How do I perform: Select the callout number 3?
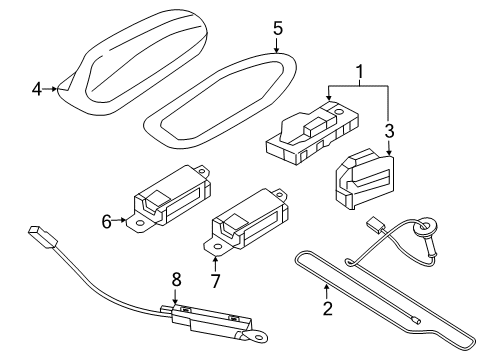click(389, 129)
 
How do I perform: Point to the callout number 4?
click(36, 89)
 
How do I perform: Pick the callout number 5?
click(277, 30)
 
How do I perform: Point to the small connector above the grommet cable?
click(377, 227)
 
